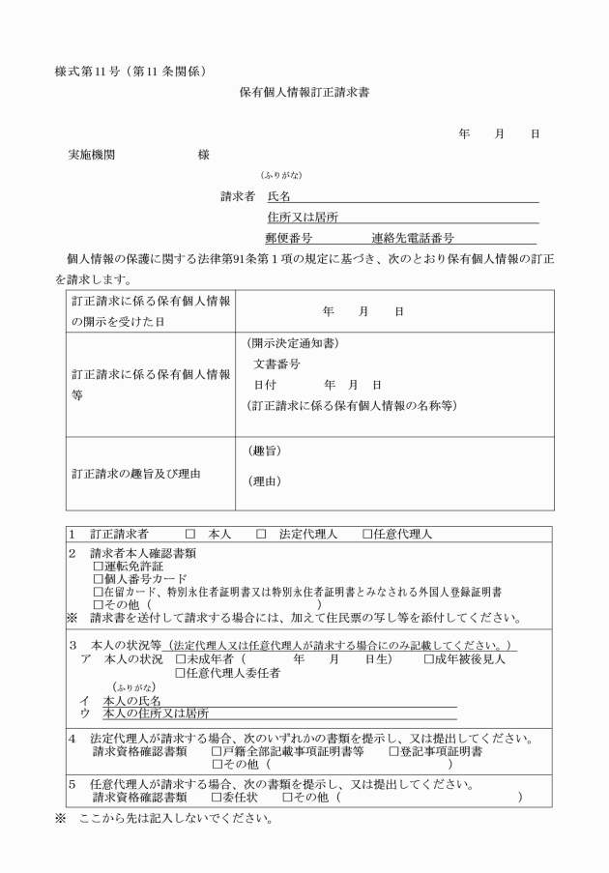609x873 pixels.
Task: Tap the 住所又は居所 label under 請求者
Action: point(296,217)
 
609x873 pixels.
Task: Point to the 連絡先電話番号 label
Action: point(413,237)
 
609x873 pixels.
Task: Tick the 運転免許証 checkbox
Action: point(98,567)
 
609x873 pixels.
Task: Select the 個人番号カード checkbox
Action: point(98,579)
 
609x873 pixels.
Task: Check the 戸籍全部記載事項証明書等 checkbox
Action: point(217,751)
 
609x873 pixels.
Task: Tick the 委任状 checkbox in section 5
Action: point(217,798)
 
